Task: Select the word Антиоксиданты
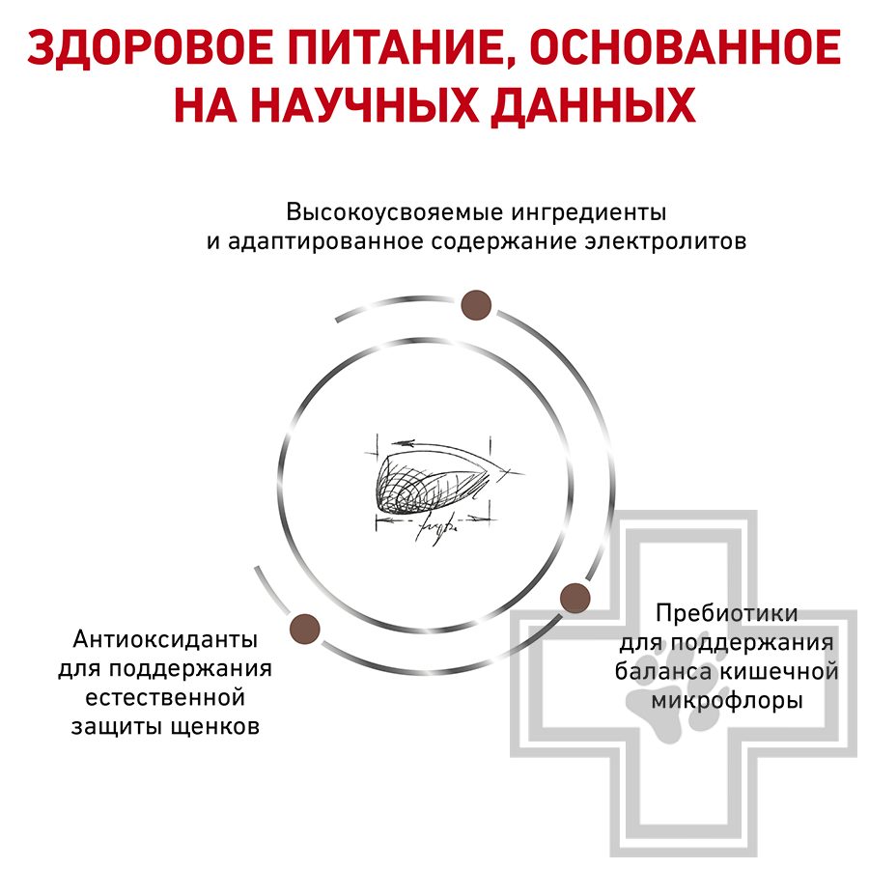click(x=165, y=639)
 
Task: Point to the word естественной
click(x=165, y=698)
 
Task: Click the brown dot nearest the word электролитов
click(x=476, y=305)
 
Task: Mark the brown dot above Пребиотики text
click(x=575, y=596)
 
